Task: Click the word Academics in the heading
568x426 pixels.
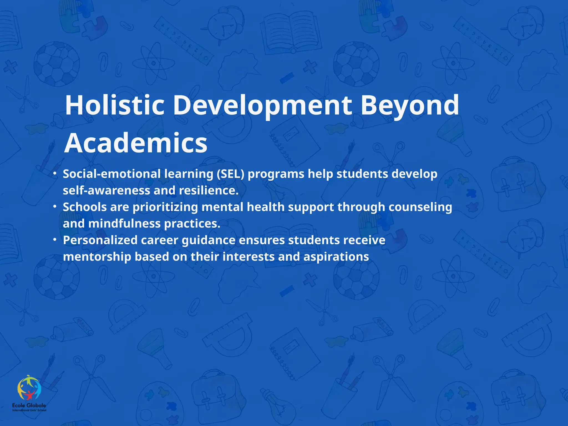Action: pos(136,143)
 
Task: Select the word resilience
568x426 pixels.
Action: pos(209,191)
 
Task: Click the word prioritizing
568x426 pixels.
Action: pos(165,207)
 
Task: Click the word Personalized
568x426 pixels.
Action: pos(100,240)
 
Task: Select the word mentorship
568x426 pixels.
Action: pos(97,257)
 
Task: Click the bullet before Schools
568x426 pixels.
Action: pos(55,206)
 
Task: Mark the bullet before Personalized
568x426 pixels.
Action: pos(55,239)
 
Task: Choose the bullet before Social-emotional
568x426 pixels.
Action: pos(55,174)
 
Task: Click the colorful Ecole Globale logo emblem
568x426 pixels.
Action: pos(29,387)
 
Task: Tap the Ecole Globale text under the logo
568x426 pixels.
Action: pos(29,405)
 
